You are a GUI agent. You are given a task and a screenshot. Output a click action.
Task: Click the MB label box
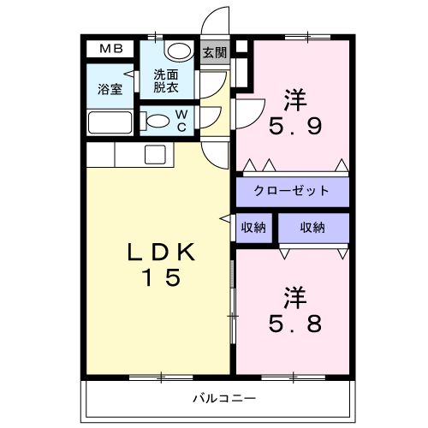(x=110, y=49)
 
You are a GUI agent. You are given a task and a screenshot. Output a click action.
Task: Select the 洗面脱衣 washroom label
(x=166, y=80)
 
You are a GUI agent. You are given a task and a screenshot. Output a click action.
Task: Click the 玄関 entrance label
(x=214, y=52)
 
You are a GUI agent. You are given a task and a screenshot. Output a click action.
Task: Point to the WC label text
(x=181, y=119)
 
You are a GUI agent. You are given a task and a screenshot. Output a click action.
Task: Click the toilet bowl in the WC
(x=157, y=122)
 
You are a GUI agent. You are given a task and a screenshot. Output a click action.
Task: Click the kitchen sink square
(x=155, y=154)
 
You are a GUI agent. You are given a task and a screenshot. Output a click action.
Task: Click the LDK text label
(x=162, y=252)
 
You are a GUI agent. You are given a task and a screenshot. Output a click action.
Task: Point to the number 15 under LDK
(x=162, y=278)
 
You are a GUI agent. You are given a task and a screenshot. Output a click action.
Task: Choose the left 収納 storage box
(x=253, y=228)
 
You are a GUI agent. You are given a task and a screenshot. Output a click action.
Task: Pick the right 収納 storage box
(x=312, y=228)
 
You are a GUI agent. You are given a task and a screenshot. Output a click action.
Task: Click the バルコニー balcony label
(x=217, y=398)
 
